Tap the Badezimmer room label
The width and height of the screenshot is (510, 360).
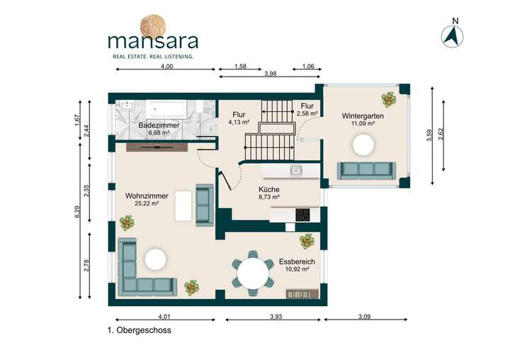[x=159, y=125]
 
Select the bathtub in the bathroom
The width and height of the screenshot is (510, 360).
[x=166, y=109]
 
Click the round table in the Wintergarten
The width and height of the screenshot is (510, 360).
[x=365, y=145]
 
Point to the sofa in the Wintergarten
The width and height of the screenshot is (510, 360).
[x=365, y=169]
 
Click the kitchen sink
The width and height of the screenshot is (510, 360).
[x=296, y=170]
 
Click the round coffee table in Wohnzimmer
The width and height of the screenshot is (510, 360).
[x=155, y=258]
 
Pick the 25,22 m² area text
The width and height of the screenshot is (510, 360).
[x=147, y=203]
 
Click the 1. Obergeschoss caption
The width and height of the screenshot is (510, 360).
[x=139, y=330]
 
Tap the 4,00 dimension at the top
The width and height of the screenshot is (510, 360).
[x=167, y=66]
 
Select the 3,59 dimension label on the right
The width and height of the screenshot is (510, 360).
[x=429, y=135]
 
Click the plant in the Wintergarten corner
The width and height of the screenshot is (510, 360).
[x=388, y=99]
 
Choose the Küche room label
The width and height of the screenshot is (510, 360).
[x=269, y=190]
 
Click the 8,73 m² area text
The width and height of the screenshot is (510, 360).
[x=269, y=199]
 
